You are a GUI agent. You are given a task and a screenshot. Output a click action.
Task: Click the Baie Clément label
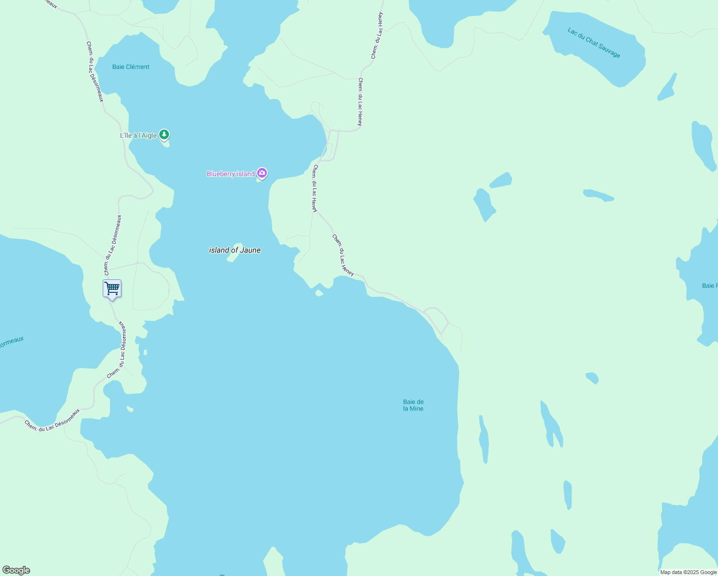131,67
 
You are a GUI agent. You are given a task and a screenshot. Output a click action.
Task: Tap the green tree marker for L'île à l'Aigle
164,134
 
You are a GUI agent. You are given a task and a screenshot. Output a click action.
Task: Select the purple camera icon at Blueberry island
262,173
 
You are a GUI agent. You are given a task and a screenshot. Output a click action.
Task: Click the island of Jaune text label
235,250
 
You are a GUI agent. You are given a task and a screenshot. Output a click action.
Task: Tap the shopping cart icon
112,288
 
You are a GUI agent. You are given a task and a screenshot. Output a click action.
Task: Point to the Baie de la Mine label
413,405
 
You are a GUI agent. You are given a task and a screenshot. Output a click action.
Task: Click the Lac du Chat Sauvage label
594,43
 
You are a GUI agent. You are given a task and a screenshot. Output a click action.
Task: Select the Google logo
16,570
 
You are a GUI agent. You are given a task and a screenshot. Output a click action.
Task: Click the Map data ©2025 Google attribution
688,572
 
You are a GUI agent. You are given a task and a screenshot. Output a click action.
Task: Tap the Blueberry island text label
230,174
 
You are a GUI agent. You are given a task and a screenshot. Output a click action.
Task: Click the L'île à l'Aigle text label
138,136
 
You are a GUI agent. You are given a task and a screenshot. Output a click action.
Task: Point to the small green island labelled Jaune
234,254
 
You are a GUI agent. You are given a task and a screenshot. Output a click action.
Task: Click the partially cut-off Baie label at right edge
709,286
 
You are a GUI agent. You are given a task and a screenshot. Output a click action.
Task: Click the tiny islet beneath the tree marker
166,144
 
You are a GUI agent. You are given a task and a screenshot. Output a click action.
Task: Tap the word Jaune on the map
251,250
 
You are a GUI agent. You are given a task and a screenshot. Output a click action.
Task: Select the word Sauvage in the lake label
610,50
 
